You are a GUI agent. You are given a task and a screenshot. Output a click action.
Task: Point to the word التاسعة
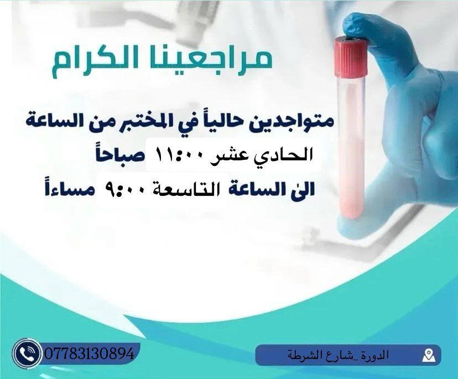[x=197, y=190]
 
